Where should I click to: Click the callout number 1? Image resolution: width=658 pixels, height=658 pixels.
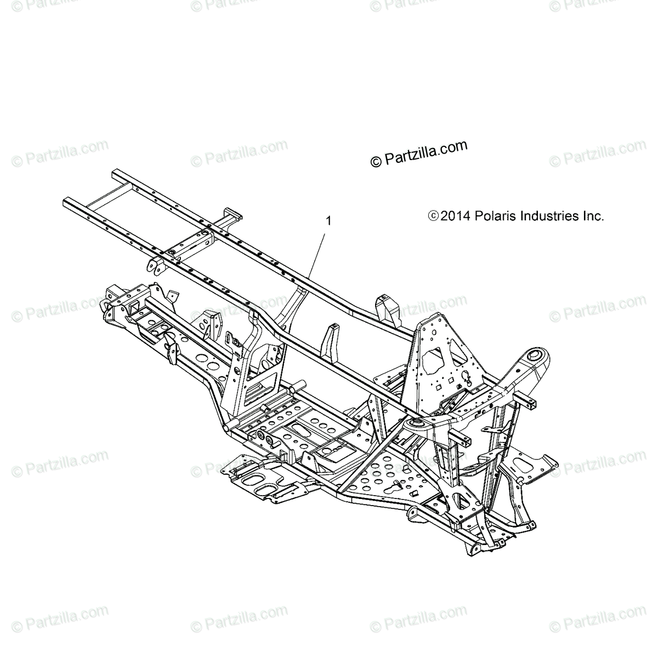328,222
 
